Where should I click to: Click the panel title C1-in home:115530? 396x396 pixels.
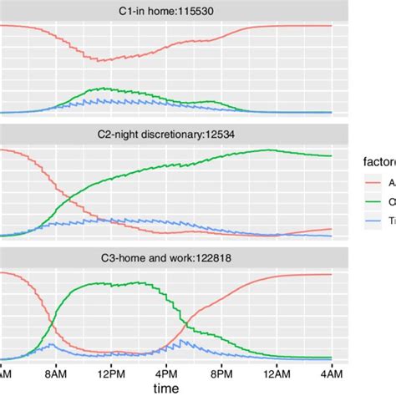tap(166, 10)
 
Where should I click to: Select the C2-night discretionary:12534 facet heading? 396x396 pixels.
tap(166, 134)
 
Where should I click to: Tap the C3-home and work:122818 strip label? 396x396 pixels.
tap(166, 259)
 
